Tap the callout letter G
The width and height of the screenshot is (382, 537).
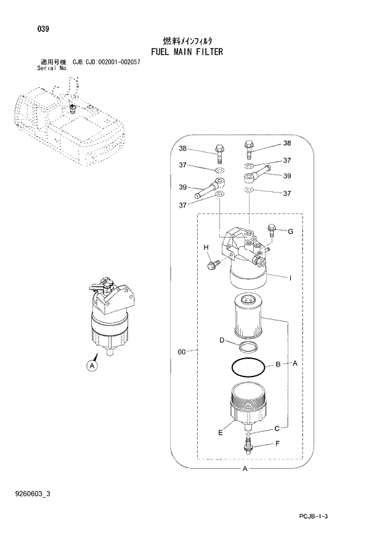(x=290, y=231)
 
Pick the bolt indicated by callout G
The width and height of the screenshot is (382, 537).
(x=272, y=230)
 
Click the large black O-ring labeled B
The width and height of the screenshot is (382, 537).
(x=248, y=367)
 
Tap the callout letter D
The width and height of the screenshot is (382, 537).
(x=221, y=340)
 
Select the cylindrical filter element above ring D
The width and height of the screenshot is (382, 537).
(x=250, y=316)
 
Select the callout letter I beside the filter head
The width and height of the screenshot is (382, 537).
(x=290, y=278)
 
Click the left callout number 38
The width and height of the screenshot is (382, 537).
(x=182, y=149)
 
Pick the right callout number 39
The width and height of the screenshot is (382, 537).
(x=286, y=176)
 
